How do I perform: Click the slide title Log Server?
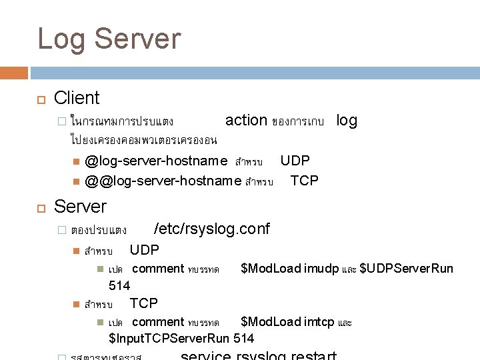coord(109,39)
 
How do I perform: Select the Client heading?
coord(77,98)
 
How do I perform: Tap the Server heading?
coord(79,205)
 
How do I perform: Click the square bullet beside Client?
coord(40,99)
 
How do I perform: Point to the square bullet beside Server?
coord(40,207)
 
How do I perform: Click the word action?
coord(246,120)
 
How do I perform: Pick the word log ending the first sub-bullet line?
coord(347,120)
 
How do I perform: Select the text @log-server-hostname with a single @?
coord(156,161)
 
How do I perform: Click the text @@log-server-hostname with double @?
coord(163,181)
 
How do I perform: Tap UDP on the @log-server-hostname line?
coord(295,161)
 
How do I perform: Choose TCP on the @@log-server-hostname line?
coord(304,181)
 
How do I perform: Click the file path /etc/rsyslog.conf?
coord(211,229)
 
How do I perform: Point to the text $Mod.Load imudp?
coord(289,269)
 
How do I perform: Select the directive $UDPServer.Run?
coord(406,269)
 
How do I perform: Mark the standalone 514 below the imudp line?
coord(119,285)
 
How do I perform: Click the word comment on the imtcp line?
coord(158,322)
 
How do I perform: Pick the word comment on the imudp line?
coord(158,269)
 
